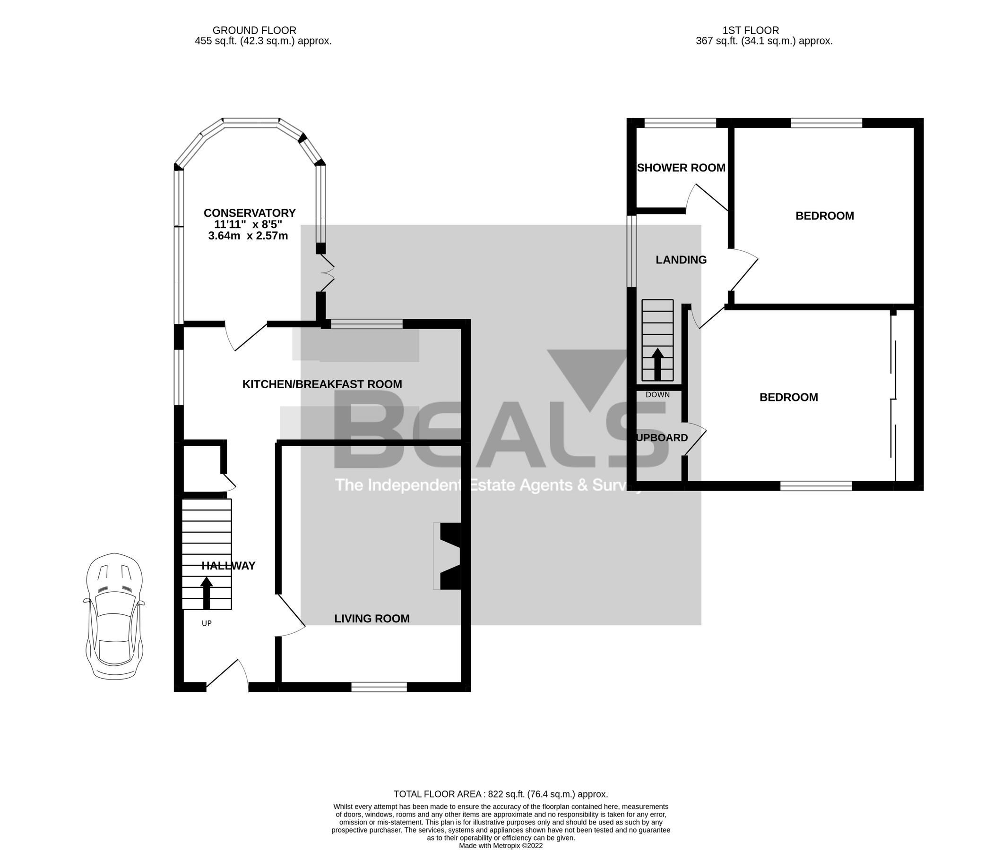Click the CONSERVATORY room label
tap(249, 213)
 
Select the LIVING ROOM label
tap(372, 618)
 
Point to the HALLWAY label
tap(228, 566)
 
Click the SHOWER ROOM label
tap(681, 168)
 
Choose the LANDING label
tap(681, 260)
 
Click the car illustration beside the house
tap(114, 616)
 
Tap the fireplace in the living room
tap(448, 556)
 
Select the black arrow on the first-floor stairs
tap(657, 364)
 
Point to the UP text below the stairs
tap(207, 623)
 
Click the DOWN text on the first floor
tap(657, 395)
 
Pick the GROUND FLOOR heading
tap(254, 30)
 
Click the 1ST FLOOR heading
tap(750, 30)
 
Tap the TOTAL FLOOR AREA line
tap(501, 794)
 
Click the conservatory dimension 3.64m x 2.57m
tap(248, 236)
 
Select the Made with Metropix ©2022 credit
tap(501, 846)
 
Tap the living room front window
tap(379, 687)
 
